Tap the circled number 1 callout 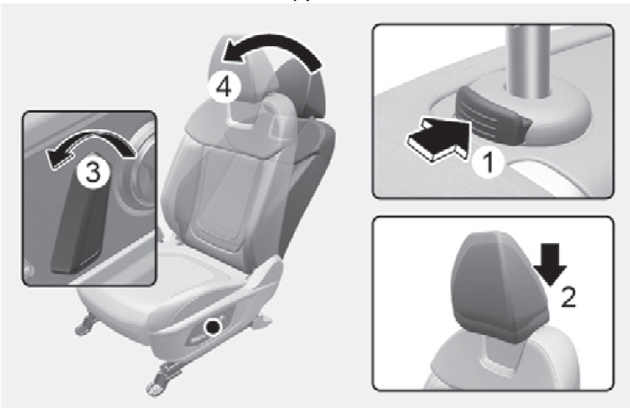point(488,161)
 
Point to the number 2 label point(568,297)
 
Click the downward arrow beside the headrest point(550,265)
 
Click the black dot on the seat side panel point(213,326)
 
